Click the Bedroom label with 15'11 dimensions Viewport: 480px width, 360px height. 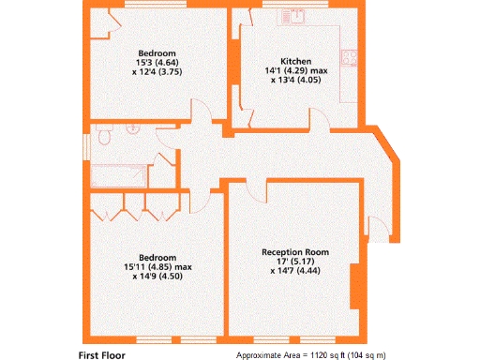157,258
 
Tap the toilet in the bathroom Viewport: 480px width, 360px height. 103,139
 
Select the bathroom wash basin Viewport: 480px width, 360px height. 133,132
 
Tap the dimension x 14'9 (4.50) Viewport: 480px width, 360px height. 157,277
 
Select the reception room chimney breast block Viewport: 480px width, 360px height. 353,287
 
